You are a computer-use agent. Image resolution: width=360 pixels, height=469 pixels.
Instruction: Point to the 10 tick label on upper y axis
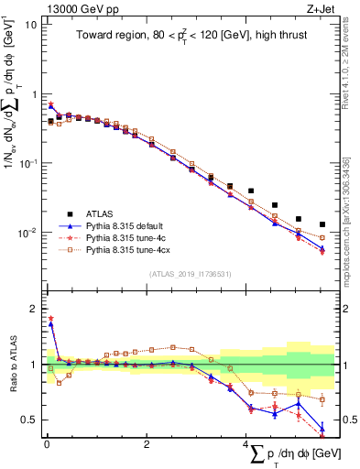(29, 25)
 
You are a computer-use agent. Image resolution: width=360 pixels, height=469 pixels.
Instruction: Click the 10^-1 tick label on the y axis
(27, 163)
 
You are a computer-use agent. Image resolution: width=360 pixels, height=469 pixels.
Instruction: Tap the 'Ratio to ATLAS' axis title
(11, 364)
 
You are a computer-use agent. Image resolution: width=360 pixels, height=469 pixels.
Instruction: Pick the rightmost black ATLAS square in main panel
(322, 224)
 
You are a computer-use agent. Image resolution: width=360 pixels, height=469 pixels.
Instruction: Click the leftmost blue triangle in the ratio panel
(50, 323)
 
